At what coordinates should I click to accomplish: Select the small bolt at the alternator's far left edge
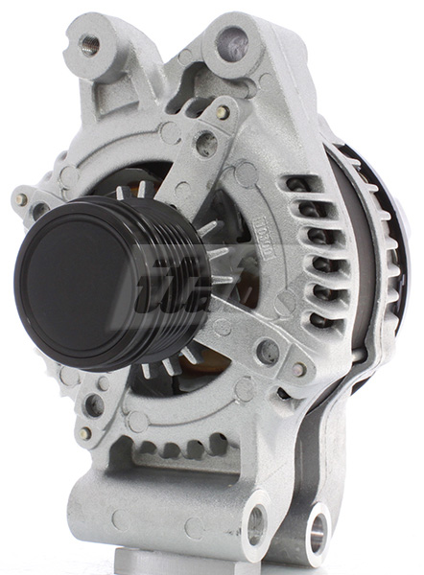click(x=21, y=199)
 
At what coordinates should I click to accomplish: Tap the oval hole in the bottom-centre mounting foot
click(x=256, y=525)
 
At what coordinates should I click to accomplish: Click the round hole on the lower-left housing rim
click(x=94, y=404)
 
